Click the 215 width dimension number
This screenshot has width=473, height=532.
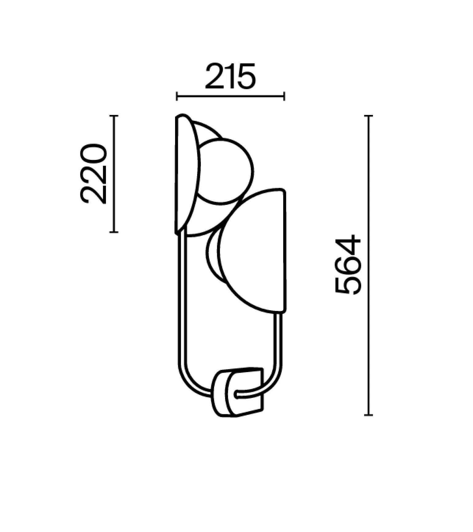(230, 76)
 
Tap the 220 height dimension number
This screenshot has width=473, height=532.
(93, 174)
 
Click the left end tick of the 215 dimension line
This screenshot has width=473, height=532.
(177, 96)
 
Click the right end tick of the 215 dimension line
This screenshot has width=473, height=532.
(284, 96)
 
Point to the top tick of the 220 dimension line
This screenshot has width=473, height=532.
(114, 116)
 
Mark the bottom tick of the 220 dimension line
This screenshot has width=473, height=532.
(114, 232)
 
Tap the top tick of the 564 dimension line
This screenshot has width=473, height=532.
(369, 116)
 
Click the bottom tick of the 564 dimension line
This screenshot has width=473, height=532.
(369, 415)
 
